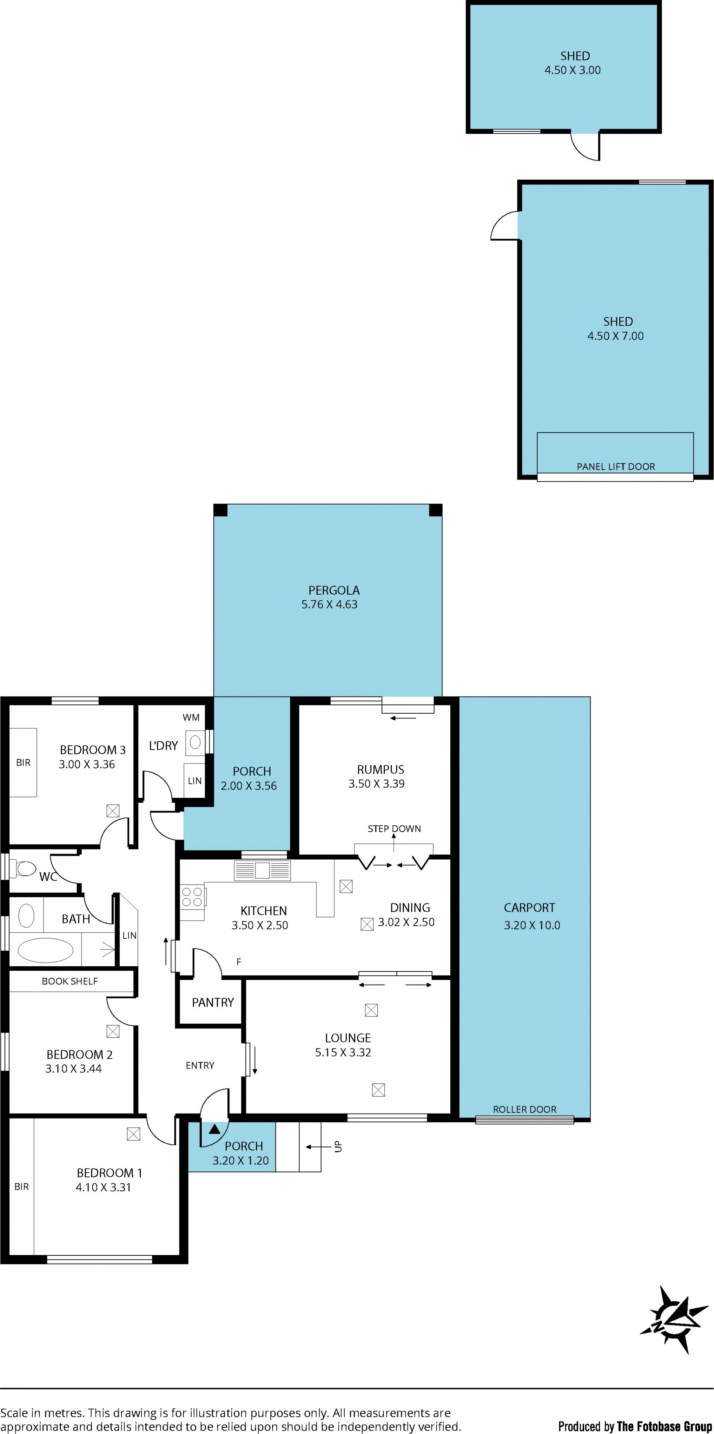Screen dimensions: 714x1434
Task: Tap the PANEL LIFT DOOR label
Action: click(x=615, y=467)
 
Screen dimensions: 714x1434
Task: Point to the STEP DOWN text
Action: click(x=394, y=828)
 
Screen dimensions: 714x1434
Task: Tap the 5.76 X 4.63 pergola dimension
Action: click(x=329, y=605)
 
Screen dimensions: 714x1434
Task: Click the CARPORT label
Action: click(x=529, y=908)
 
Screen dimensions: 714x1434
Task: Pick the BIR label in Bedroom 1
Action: click(x=22, y=1187)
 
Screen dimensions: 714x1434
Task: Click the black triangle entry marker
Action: click(x=214, y=1129)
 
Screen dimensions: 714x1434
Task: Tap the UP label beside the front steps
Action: click(x=338, y=1147)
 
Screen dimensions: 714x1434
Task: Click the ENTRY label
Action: click(x=200, y=1065)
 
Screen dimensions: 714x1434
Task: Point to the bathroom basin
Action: click(x=26, y=916)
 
